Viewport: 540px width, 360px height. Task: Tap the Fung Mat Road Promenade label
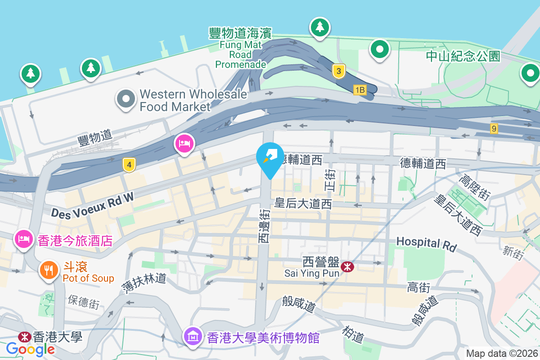pyautogui.click(x=241, y=48)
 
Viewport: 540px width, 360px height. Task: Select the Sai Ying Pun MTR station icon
pyautogui.click(x=347, y=267)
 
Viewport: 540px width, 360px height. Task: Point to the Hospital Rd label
pyautogui.click(x=426, y=243)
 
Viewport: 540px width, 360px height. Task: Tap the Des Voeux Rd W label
pyautogui.click(x=93, y=206)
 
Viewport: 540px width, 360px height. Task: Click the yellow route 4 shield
pyautogui.click(x=129, y=165)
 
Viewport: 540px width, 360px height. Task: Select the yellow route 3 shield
pyautogui.click(x=339, y=71)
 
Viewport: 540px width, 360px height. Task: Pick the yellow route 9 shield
pyautogui.click(x=495, y=129)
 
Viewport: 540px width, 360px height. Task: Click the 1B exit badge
pyautogui.click(x=360, y=90)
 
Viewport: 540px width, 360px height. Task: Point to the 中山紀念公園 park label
pyautogui.click(x=463, y=56)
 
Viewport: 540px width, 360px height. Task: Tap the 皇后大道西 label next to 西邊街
pyautogui.click(x=303, y=204)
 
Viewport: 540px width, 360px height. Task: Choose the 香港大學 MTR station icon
pyautogui.click(x=24, y=337)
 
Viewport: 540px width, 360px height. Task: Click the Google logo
pyautogui.click(x=31, y=349)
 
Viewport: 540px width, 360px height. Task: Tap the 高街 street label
pyautogui.click(x=418, y=287)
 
